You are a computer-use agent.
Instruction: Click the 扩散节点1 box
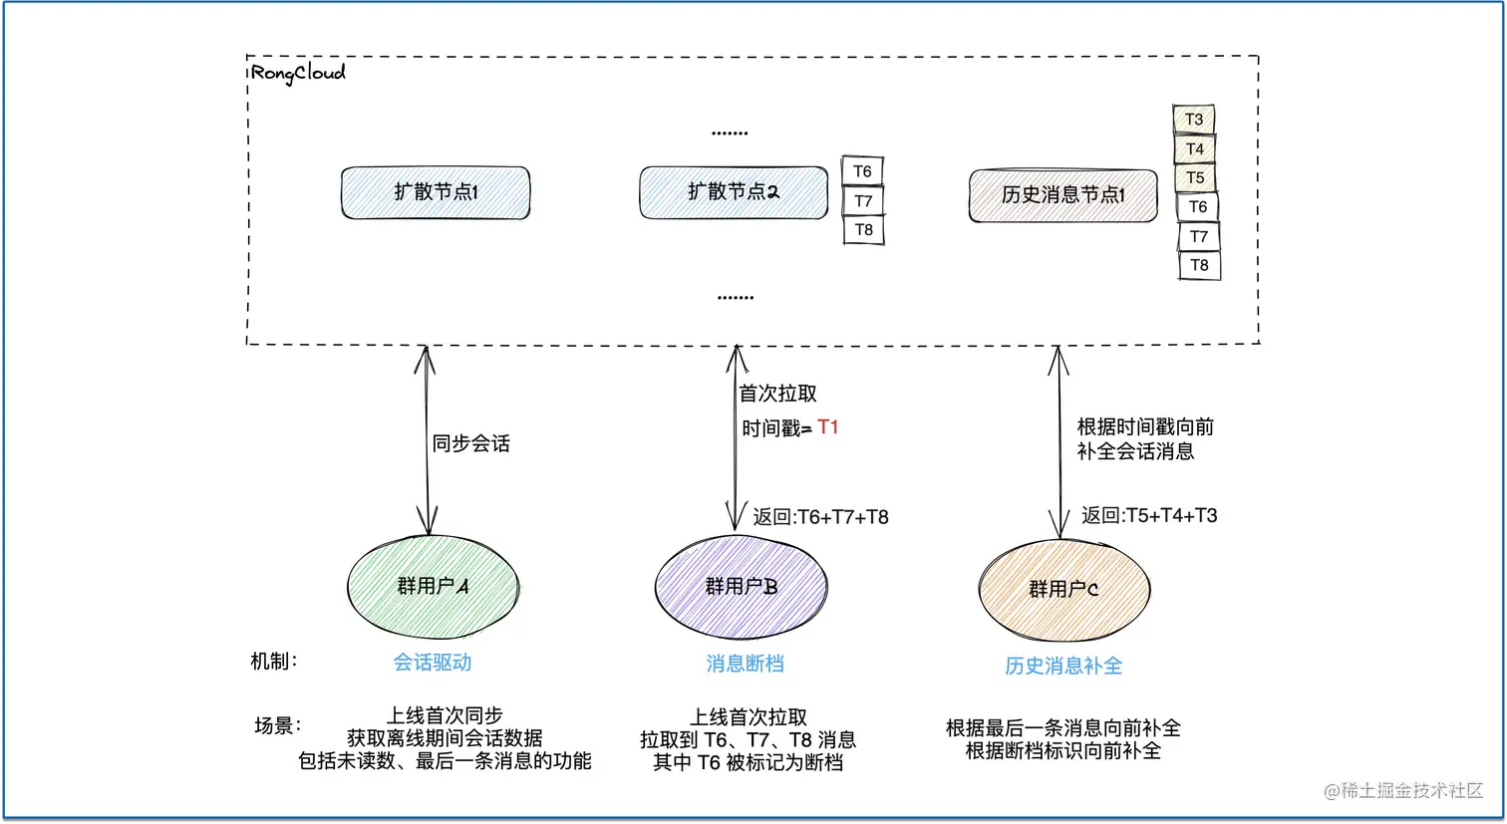pyautogui.click(x=436, y=192)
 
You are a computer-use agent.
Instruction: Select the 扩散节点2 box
pyautogui.click(x=733, y=191)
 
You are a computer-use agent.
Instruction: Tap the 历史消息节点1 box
pyautogui.click(x=1062, y=195)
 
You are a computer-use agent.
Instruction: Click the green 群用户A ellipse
pyautogui.click(x=433, y=587)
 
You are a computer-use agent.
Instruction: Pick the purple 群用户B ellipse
pyautogui.click(x=741, y=587)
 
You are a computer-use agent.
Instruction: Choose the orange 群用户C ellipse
pyautogui.click(x=1063, y=590)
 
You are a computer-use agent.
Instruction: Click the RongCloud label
pyautogui.click(x=298, y=73)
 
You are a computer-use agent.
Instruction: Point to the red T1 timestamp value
pyautogui.click(x=828, y=427)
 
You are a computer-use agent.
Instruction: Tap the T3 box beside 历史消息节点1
pyautogui.click(x=1193, y=120)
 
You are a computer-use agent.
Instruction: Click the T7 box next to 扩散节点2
pyautogui.click(x=863, y=200)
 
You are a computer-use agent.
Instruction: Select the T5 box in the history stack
pyautogui.click(x=1194, y=177)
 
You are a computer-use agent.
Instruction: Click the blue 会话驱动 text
pyautogui.click(x=433, y=663)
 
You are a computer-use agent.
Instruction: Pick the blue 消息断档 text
pyautogui.click(x=745, y=664)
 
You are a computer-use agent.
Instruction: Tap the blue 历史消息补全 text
pyautogui.click(x=1063, y=666)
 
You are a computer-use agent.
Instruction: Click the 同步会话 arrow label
pyautogui.click(x=470, y=443)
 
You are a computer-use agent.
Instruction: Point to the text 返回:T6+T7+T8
pyautogui.click(x=820, y=517)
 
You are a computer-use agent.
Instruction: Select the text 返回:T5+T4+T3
pyautogui.click(x=1149, y=515)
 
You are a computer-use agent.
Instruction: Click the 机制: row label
pyautogui.click(x=274, y=662)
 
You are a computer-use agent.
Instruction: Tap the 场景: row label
pyautogui.click(x=277, y=725)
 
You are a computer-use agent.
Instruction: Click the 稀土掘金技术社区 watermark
pyautogui.click(x=1403, y=790)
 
